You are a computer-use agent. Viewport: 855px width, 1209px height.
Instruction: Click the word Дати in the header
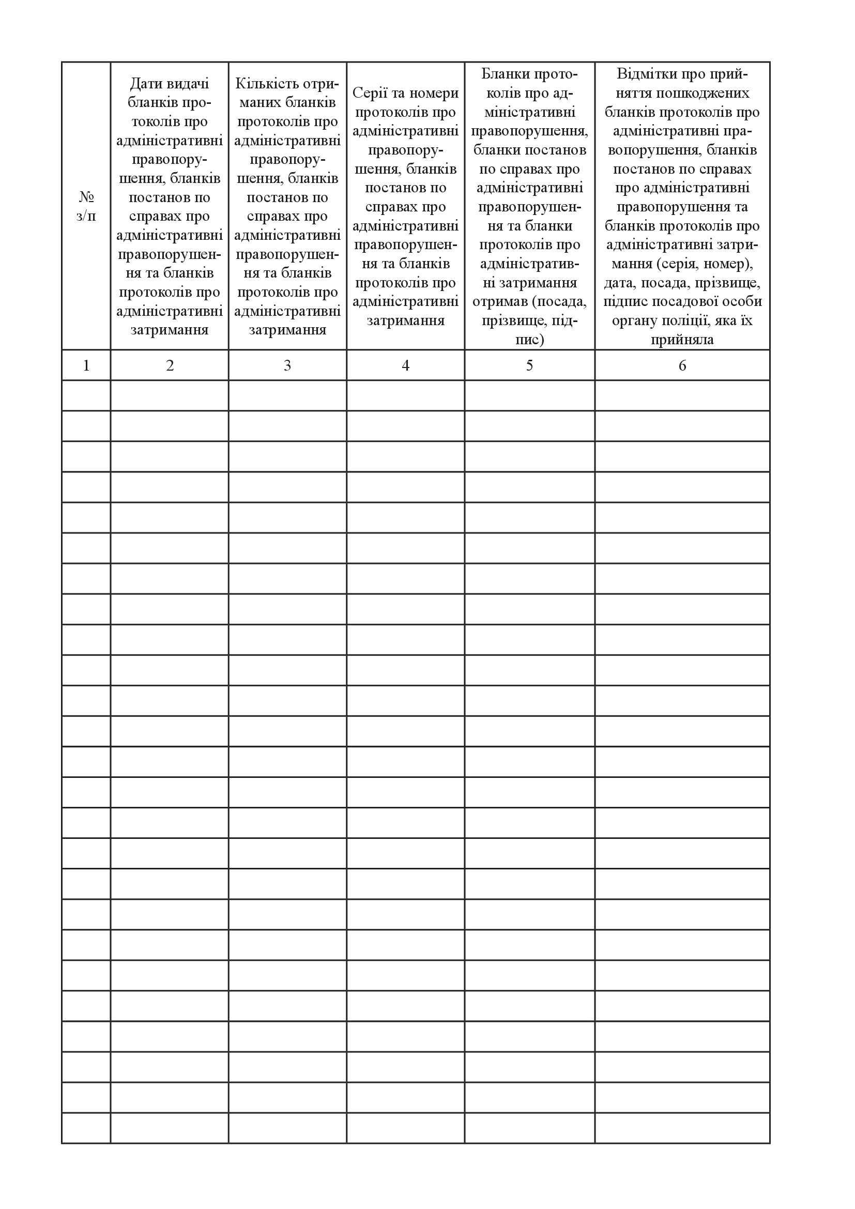pos(146,84)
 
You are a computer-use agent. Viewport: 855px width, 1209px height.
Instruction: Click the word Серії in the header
pos(371,93)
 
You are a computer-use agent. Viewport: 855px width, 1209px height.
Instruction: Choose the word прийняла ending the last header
pos(682,340)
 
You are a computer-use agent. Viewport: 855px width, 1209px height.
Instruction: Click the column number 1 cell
pos(86,365)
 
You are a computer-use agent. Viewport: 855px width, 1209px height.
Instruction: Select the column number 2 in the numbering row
pos(170,365)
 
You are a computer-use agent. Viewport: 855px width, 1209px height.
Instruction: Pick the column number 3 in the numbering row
pos(287,365)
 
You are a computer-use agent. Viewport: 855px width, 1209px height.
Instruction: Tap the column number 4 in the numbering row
pos(405,365)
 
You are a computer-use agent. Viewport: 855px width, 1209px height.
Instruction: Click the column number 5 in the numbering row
pos(530,365)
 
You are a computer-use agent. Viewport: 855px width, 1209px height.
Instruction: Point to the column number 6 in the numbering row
pos(682,365)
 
